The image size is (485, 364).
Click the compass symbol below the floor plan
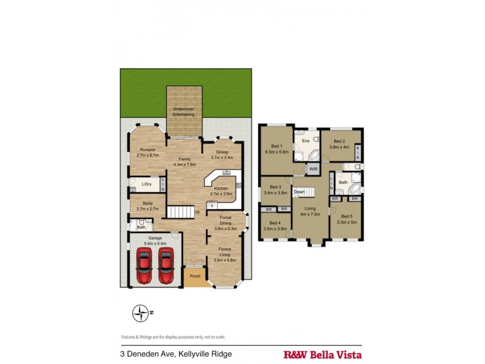point(141,313)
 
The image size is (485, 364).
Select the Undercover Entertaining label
point(183,112)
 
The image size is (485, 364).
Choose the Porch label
point(195,276)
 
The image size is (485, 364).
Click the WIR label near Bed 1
point(313,169)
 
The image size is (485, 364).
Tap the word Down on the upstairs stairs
point(299,192)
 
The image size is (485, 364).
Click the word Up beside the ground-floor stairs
point(196,212)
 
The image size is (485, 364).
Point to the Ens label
point(306,141)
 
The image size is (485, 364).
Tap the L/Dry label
point(146,184)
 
